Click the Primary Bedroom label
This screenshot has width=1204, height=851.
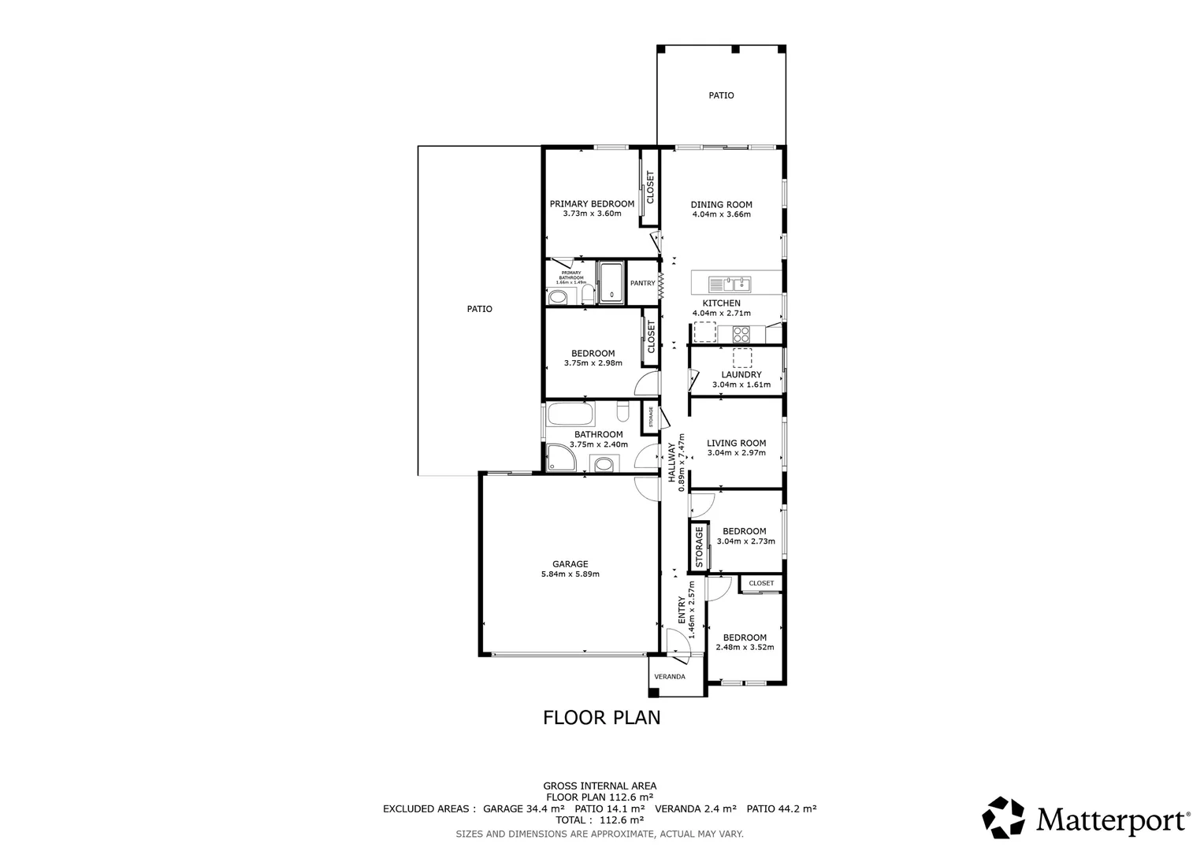591,203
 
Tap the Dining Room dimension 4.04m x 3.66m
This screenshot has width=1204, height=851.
721,214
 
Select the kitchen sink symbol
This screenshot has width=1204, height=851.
730,283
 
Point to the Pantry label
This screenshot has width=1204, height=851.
642,284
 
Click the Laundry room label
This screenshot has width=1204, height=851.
741,375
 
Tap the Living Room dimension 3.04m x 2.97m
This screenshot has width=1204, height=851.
736,453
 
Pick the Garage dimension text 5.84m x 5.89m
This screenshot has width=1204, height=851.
570,574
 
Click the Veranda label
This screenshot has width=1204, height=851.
669,677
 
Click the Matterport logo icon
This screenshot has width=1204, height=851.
1003,818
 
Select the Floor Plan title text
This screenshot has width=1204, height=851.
601,718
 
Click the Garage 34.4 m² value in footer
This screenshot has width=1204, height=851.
545,809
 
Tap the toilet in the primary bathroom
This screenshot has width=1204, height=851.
557,297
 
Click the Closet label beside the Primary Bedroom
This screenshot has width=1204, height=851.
650,188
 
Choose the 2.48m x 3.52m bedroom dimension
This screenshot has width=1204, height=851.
745,648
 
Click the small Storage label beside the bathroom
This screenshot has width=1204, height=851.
651,417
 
